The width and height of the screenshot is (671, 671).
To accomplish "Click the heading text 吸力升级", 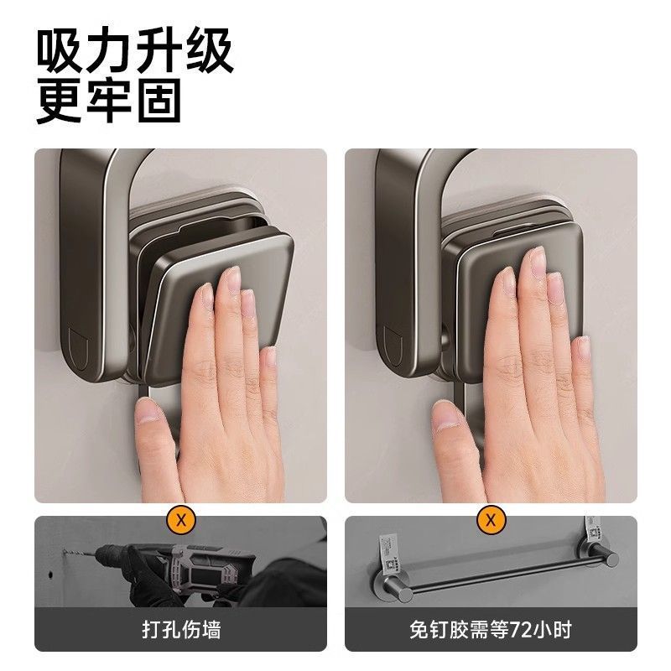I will (x=134, y=52).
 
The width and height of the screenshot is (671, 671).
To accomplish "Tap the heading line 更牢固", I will (x=109, y=101).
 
